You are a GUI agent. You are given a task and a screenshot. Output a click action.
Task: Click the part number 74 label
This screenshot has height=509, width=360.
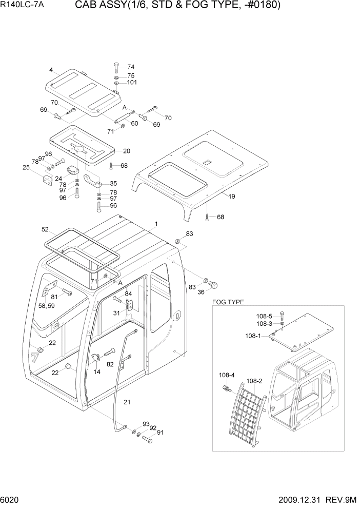pos(131,67)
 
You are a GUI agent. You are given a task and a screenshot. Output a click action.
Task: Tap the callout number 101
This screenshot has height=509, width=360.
pos(132,83)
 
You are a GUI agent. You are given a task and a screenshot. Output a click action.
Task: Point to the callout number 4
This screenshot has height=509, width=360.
pos(51,70)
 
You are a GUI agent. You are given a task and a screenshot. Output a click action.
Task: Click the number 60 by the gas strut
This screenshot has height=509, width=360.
pos(134,123)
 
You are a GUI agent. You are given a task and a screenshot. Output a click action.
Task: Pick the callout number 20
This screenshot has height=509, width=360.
pos(127,151)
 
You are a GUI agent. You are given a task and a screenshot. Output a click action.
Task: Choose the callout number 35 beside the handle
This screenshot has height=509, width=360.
pos(113,183)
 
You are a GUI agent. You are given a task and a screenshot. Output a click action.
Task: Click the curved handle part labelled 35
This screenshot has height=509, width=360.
pos(94,181)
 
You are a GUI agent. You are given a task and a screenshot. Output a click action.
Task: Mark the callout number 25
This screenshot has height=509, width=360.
pos(25,167)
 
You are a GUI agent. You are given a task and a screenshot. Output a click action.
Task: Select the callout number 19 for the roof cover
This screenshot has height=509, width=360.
pos(232,196)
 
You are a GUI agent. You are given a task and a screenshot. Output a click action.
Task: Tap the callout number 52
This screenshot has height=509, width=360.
pos(45,229)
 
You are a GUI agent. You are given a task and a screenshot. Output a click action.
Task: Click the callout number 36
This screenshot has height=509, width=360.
pos(201,292)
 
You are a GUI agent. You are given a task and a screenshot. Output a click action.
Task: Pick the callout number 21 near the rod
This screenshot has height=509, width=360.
pos(127,402)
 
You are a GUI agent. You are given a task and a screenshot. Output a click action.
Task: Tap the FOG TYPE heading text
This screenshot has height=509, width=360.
pos(228,302)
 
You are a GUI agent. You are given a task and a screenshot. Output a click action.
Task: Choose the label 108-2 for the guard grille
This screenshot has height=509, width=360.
pos(254,381)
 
